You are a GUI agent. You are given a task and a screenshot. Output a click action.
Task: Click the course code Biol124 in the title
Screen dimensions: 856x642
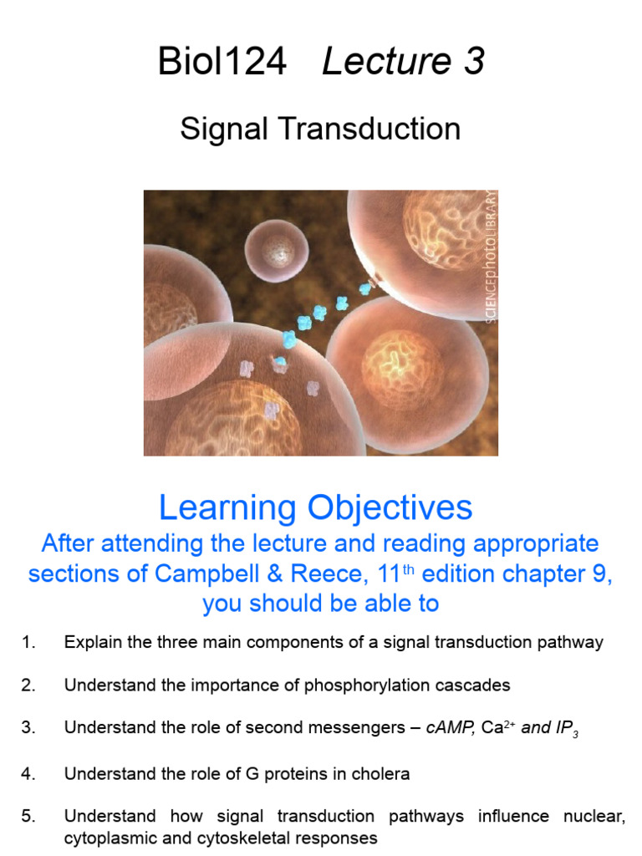tap(222, 63)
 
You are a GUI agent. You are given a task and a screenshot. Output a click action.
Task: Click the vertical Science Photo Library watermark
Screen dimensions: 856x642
tap(490, 256)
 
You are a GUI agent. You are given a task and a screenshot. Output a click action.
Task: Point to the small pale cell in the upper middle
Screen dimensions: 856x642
tap(277, 250)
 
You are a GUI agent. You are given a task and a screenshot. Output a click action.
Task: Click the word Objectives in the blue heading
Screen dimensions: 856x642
tap(389, 507)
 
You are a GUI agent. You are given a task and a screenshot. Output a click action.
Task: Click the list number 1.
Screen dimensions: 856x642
tap(29, 643)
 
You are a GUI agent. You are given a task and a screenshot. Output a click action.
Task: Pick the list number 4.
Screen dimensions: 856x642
tap(29, 773)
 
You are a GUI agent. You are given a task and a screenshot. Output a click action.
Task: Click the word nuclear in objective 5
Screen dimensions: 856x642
tap(599, 817)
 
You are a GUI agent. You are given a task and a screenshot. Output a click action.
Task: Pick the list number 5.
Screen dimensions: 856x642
tap(29, 817)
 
